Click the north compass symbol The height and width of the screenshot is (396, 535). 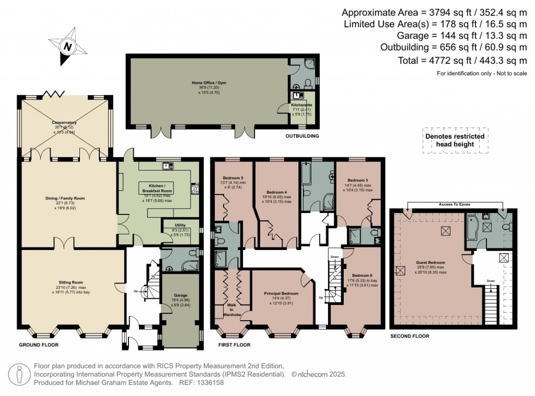(67, 47)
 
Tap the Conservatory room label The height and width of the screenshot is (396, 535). (64, 122)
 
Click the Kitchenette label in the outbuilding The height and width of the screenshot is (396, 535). (302, 105)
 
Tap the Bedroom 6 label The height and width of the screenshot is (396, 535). (362, 275)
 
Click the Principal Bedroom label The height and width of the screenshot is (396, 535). (281, 293)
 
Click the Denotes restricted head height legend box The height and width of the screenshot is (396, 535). (456, 140)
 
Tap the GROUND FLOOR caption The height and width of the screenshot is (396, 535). (39, 345)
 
